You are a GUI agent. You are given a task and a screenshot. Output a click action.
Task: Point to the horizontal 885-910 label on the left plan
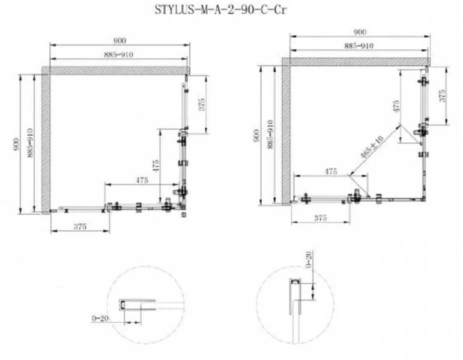click(x=120, y=55)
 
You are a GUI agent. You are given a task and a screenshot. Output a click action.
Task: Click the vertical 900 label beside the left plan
click(x=20, y=145)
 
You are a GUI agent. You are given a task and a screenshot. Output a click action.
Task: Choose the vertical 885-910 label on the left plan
click(x=30, y=145)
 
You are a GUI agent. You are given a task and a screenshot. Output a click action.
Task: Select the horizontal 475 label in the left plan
click(x=142, y=180)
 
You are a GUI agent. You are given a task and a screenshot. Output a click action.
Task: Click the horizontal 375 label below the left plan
click(x=81, y=226)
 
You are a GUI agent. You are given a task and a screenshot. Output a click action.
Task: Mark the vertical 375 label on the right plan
click(x=442, y=97)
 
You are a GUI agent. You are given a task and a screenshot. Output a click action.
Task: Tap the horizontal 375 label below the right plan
click(x=321, y=218)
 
